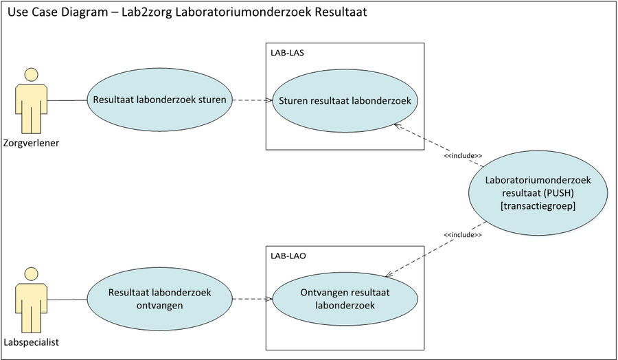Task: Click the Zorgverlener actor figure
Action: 30,103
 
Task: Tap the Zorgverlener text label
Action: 31,143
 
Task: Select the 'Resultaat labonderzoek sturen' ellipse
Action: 159,100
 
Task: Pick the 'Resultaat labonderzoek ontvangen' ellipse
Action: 159,299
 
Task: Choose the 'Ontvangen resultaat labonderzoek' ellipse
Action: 345,299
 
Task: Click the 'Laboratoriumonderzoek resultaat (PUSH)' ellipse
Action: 538,193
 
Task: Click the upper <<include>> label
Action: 462,156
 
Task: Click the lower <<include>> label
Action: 462,235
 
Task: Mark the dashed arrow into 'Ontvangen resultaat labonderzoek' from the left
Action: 251,299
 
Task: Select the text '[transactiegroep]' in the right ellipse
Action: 538,205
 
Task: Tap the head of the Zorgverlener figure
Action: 30,74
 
